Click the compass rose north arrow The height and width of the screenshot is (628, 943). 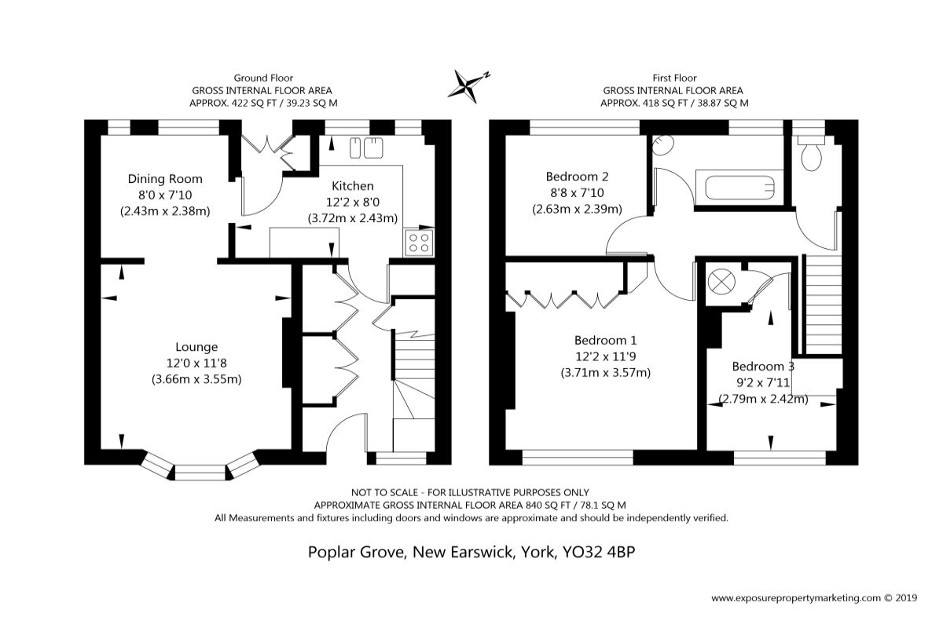point(469,86)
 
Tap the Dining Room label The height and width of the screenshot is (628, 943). point(165,179)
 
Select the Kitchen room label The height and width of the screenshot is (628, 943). point(352,186)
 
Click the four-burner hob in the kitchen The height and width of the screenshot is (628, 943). point(419,243)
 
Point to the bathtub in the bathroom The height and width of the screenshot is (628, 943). point(739,188)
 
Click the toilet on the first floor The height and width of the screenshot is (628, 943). point(811,154)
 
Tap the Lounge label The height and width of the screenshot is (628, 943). point(196,347)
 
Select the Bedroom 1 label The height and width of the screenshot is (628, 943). point(605,340)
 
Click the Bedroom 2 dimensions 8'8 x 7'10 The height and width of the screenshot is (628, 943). point(577,192)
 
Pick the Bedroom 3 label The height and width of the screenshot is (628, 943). point(763,367)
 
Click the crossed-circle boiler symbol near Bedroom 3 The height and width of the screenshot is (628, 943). point(721,281)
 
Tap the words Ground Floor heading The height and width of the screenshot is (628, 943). point(263,78)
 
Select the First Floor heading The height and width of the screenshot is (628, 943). point(674,78)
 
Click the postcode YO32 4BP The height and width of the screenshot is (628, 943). point(599,551)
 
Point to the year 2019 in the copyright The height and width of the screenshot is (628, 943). point(907,597)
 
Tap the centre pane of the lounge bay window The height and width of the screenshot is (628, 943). point(200,473)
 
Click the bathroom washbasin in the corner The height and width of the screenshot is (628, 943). point(662,145)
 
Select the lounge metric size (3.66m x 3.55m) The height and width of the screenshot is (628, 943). point(196,379)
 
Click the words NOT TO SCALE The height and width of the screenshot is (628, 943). point(385,492)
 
